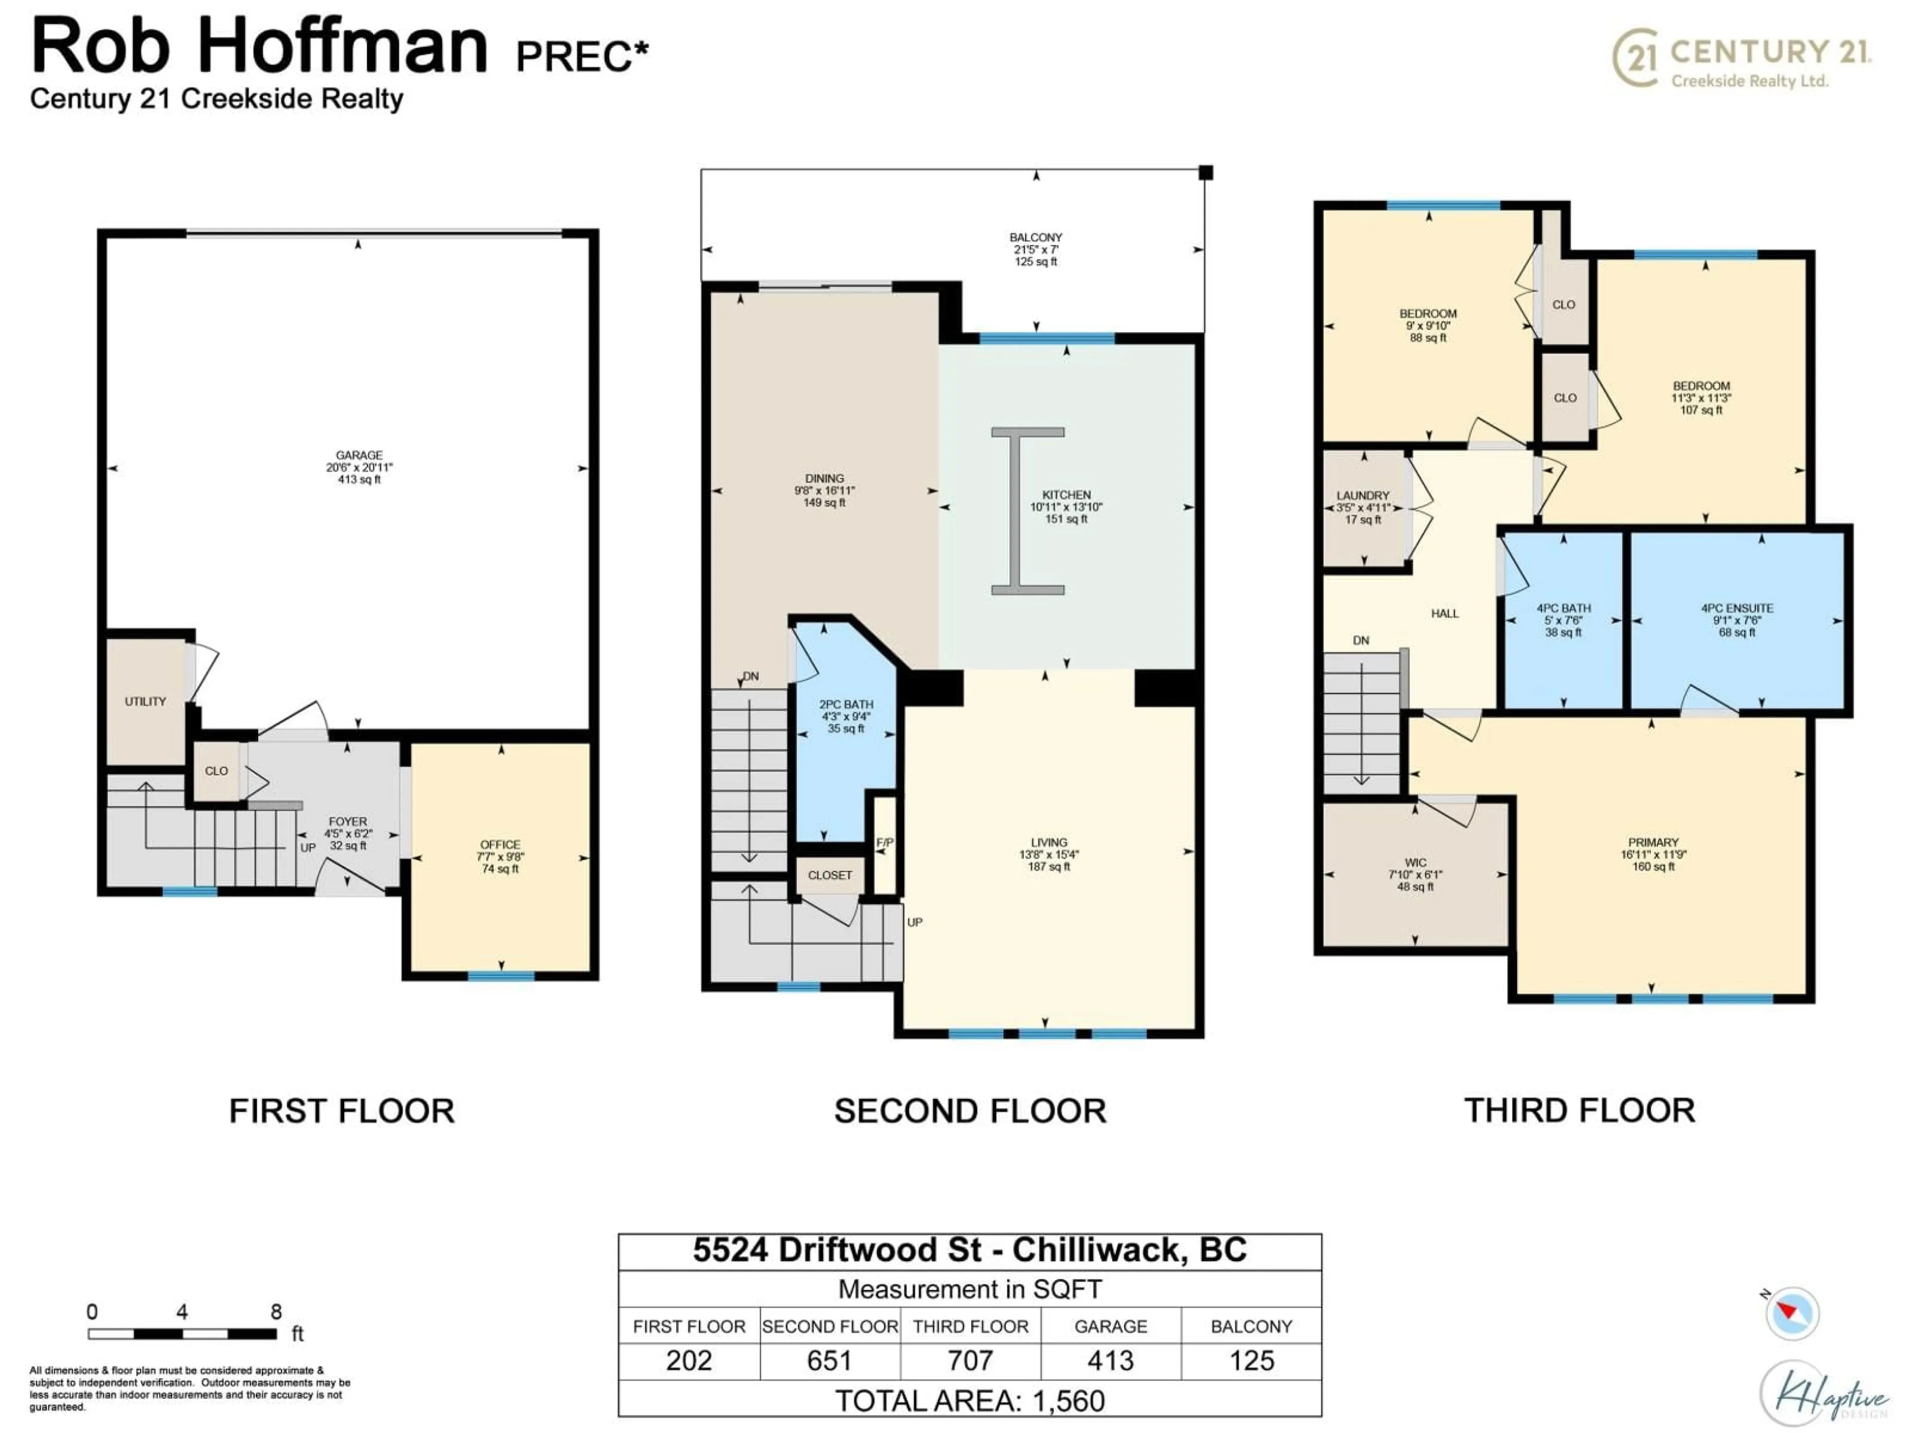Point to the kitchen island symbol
pyautogui.click(x=1027, y=512)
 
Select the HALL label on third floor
pyautogui.click(x=1445, y=614)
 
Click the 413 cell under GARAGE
pyautogui.click(x=1110, y=1360)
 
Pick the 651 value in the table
pyautogui.click(x=830, y=1360)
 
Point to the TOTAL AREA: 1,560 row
pyautogui.click(x=969, y=1400)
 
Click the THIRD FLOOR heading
pyautogui.click(x=1579, y=1110)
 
